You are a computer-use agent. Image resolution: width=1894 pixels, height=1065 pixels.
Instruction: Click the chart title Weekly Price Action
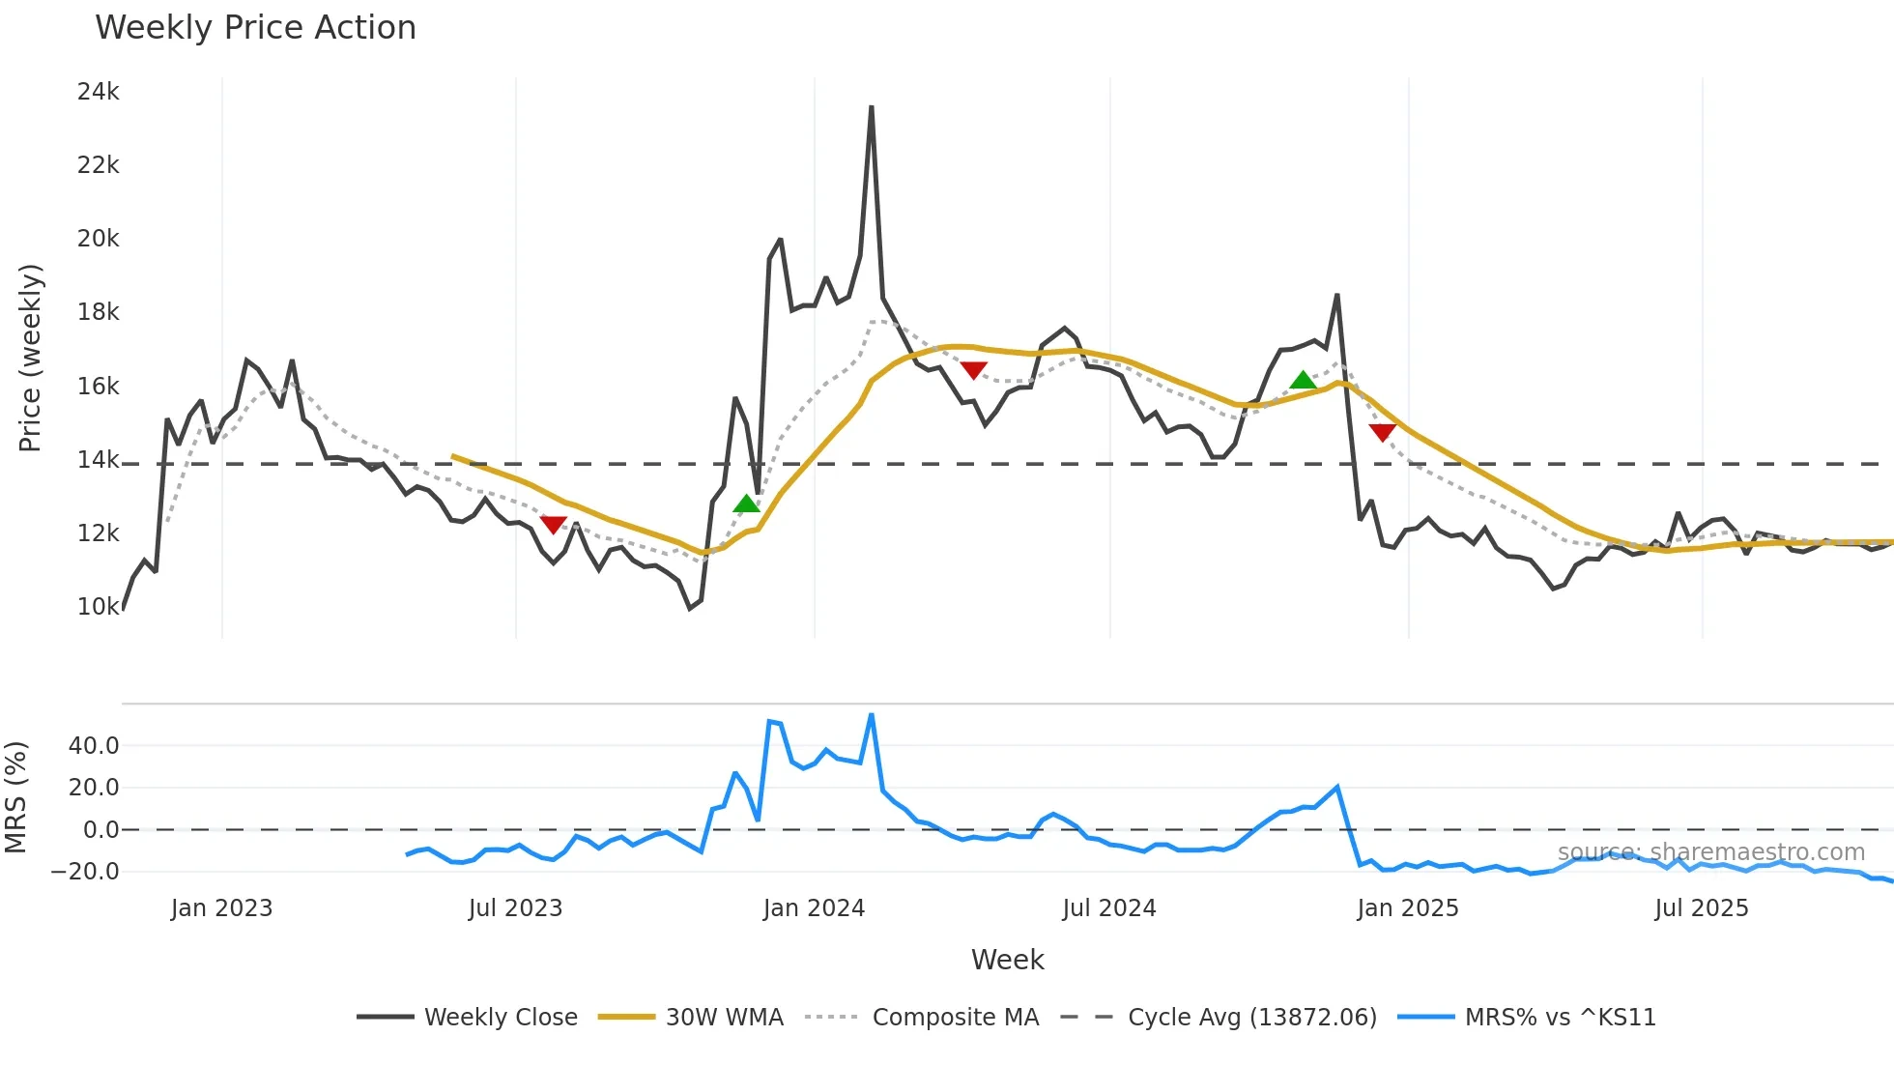[x=255, y=28]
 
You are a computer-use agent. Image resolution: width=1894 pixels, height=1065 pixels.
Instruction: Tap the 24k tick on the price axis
[x=99, y=92]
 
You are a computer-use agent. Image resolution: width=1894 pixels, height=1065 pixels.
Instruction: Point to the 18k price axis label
[x=99, y=312]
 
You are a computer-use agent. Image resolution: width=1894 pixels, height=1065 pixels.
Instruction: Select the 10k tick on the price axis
[x=99, y=607]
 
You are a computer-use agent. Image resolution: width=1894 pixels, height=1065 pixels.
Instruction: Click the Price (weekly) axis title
[x=31, y=358]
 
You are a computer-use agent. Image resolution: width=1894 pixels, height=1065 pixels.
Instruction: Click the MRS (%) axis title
[x=16, y=797]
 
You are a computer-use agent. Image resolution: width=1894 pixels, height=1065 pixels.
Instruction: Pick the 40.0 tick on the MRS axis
[x=94, y=746]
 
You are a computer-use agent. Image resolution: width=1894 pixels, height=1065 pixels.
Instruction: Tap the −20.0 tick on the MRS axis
[x=85, y=872]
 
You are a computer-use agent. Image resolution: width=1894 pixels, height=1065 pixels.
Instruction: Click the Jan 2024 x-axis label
[x=814, y=908]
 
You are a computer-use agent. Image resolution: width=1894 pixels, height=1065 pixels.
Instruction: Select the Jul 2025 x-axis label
[x=1702, y=908]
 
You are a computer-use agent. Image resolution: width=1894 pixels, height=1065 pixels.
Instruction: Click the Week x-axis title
[x=1007, y=960]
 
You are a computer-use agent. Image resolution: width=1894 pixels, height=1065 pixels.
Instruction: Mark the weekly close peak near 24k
[x=872, y=107]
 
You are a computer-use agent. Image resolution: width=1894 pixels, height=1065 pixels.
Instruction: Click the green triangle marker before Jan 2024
[x=746, y=504]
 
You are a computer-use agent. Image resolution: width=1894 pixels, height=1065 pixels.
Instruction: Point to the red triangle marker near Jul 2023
[x=553, y=524]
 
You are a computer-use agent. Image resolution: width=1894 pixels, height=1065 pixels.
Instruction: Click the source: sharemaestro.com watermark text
[x=1710, y=852]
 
